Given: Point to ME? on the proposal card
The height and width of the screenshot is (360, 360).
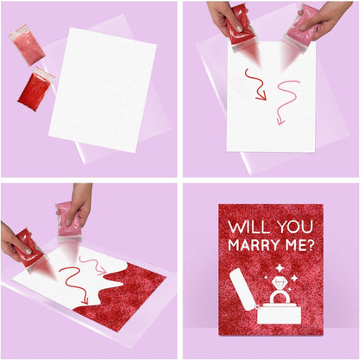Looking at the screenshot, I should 302,245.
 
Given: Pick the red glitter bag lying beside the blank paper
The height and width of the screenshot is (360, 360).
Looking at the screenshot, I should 35,89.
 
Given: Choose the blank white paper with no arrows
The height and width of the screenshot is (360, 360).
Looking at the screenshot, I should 102,89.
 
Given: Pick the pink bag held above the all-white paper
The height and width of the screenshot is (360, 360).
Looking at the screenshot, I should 301,28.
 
